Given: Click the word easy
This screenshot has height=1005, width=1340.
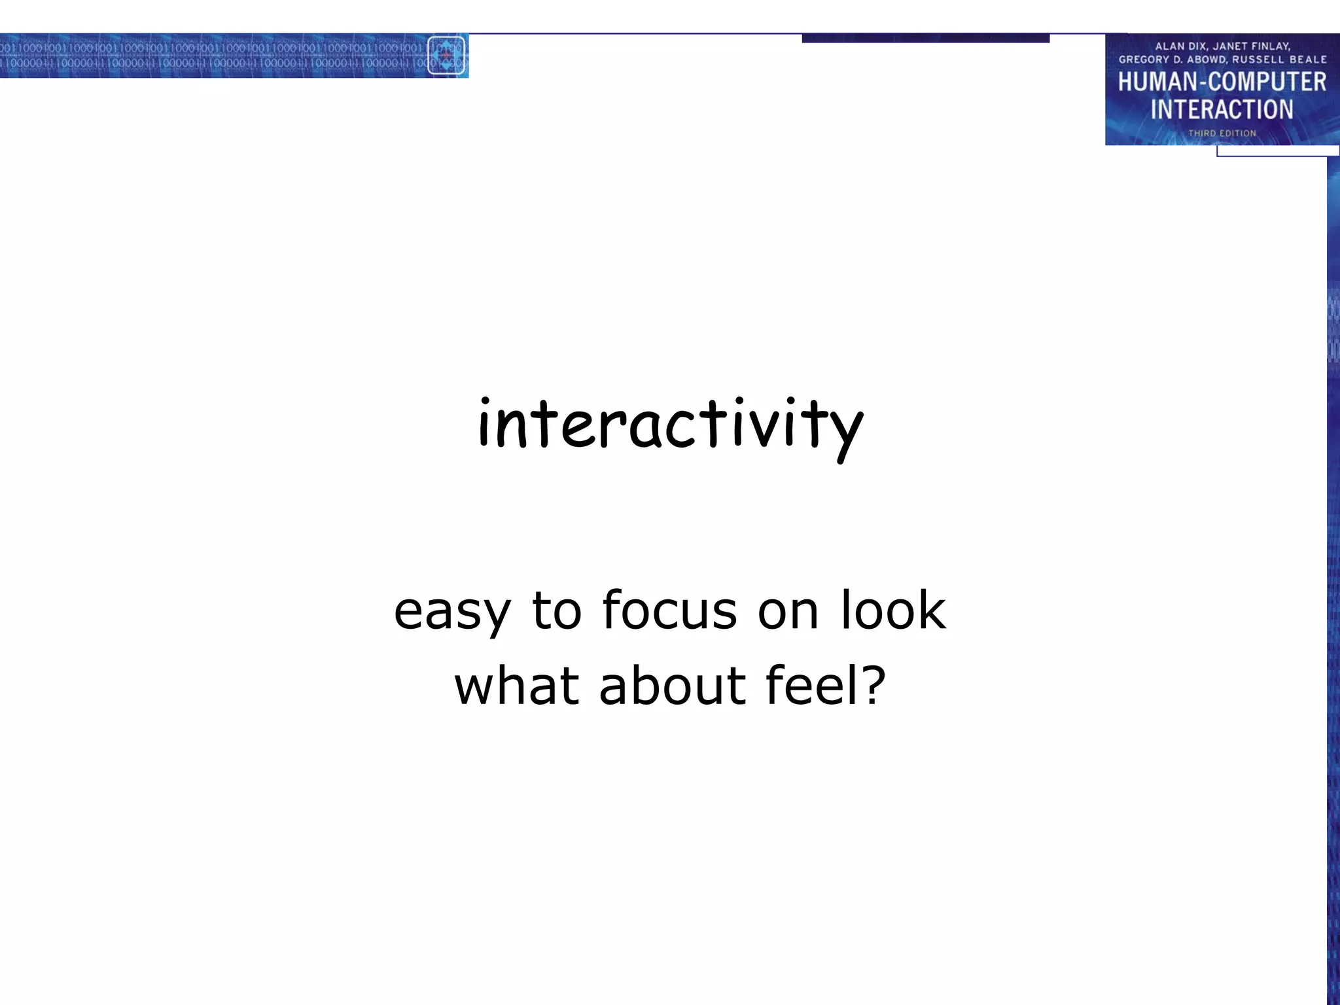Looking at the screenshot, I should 451,611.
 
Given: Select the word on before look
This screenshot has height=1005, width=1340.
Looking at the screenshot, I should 788,612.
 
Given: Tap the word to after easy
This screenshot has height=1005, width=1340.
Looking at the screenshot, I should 557,611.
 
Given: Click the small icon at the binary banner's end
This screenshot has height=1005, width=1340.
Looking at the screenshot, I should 446,56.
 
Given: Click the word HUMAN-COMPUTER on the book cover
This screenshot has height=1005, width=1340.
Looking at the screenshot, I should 1222,82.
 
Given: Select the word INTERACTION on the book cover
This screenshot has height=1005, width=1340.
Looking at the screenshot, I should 1222,109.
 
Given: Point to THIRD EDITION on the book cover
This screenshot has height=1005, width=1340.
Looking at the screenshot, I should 1222,133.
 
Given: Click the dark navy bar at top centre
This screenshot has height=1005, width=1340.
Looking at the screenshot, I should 925,38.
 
